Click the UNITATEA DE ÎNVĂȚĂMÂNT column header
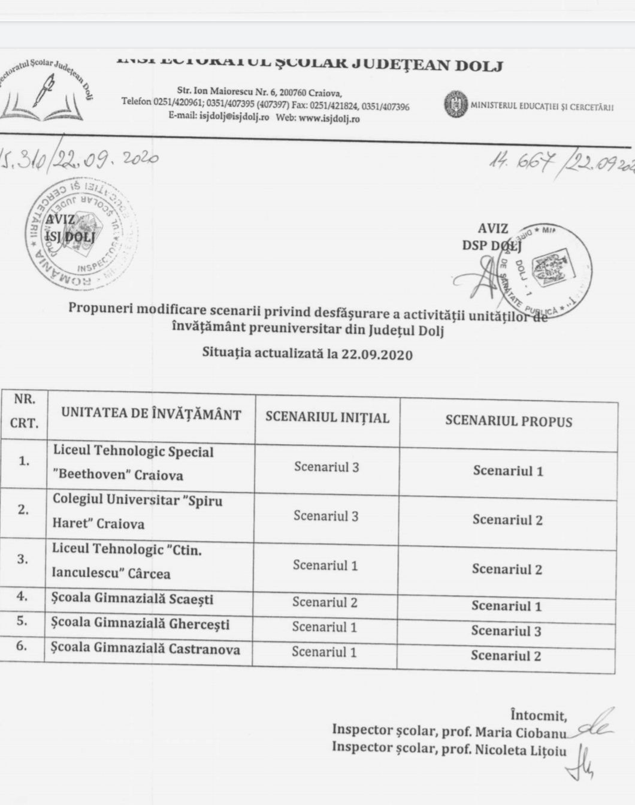[x=151, y=414]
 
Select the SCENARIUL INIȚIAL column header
[x=327, y=418]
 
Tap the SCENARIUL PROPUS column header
[x=509, y=421]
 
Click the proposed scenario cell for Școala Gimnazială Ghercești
[x=506, y=631]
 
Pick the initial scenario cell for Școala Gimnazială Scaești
[x=325, y=602]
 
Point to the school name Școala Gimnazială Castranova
[x=146, y=649]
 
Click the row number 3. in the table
[x=22, y=559]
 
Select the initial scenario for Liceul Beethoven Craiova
[x=326, y=467]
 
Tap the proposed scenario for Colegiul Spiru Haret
[x=507, y=520]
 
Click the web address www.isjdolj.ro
[x=329, y=119]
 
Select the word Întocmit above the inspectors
[x=538, y=715]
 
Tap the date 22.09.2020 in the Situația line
[x=377, y=354]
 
